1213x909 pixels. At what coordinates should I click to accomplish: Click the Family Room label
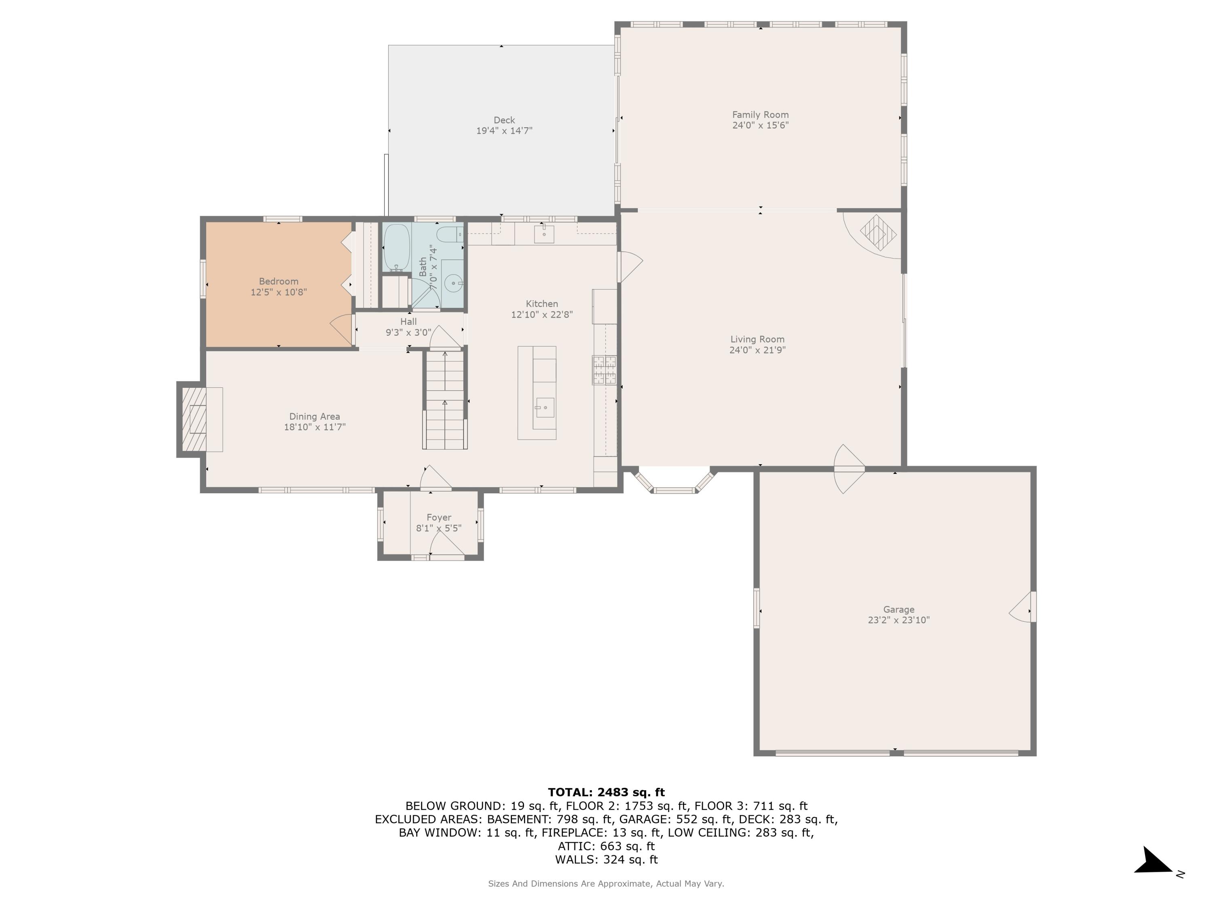click(760, 114)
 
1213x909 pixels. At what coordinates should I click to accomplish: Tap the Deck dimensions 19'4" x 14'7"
click(504, 131)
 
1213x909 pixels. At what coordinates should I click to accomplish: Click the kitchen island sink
click(545, 408)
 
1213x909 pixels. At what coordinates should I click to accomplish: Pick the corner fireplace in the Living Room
click(878, 233)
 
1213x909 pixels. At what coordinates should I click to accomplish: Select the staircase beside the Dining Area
click(445, 400)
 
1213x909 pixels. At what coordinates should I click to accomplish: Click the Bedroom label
click(279, 282)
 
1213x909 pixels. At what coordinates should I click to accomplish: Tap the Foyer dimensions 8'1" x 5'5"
click(439, 528)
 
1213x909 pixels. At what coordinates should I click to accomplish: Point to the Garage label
click(898, 609)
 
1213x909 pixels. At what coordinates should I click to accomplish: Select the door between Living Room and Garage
click(849, 469)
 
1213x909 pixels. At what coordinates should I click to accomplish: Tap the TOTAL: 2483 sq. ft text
click(606, 792)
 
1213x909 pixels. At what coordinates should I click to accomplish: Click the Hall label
click(408, 322)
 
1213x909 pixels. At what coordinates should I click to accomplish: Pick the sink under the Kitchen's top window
click(544, 234)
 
